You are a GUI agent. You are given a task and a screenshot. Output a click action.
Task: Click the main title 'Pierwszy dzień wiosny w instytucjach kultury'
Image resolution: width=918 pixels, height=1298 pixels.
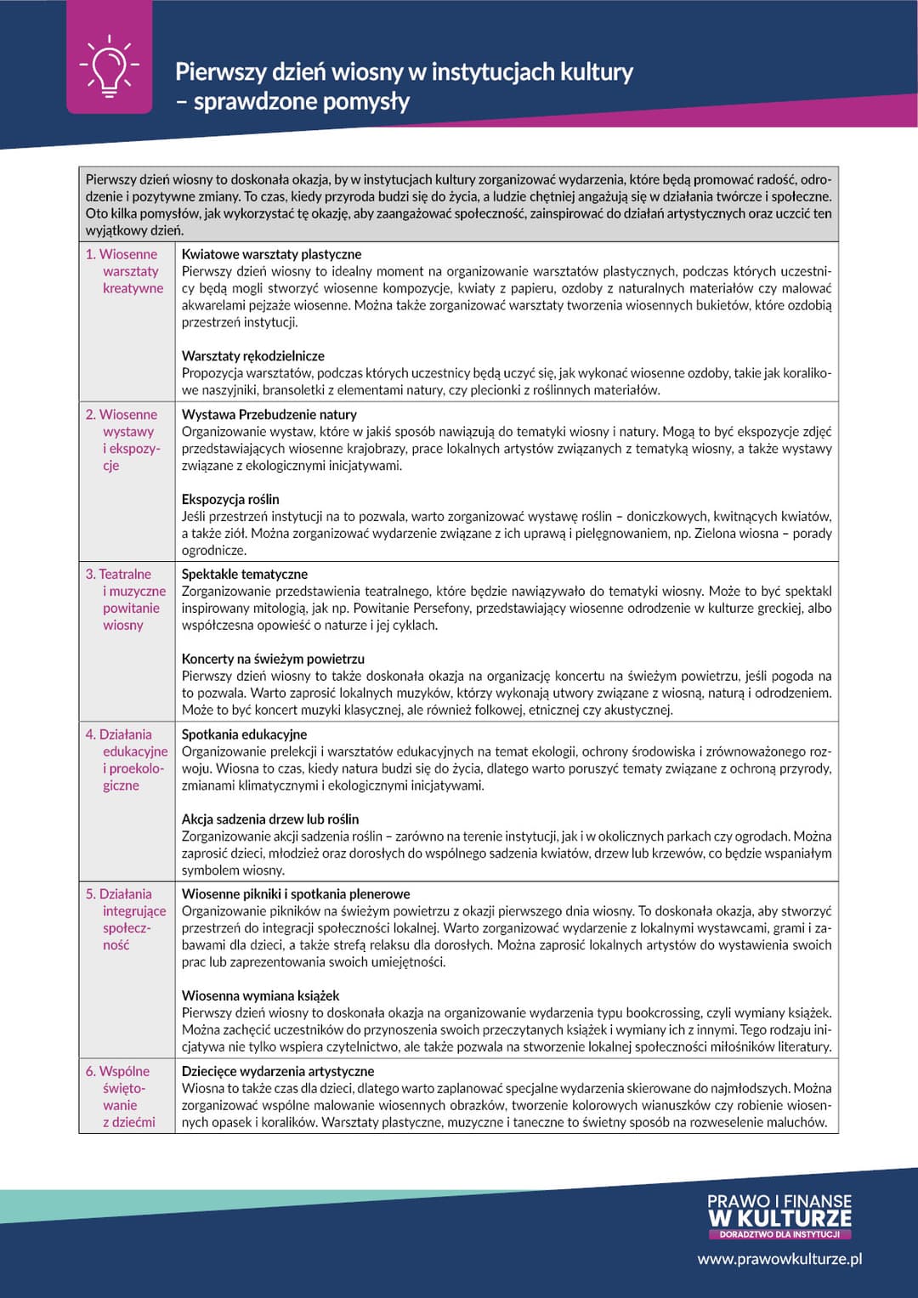pos(404,72)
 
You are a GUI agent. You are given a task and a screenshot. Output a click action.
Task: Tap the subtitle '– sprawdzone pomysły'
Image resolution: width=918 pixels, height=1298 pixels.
pos(292,102)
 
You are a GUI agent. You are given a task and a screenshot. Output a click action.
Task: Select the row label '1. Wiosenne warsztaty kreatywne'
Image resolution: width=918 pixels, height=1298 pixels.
pos(125,271)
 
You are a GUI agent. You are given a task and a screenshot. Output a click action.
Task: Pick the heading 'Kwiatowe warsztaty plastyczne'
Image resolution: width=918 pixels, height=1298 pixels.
pos(271,254)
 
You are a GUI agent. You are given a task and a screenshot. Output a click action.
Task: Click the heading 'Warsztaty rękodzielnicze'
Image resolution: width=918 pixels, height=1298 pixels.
pos(252,355)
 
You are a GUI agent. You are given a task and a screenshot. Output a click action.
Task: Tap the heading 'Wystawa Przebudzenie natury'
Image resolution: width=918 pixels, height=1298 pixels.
pos(269,414)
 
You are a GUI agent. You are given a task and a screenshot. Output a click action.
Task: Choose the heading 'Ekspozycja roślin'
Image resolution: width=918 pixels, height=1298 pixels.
pos(229,499)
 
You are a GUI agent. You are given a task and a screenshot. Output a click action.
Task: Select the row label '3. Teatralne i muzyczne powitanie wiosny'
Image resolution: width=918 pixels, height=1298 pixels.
pos(126,599)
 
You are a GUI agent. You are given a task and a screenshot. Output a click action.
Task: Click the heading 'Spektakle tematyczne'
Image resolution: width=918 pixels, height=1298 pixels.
pos(244,574)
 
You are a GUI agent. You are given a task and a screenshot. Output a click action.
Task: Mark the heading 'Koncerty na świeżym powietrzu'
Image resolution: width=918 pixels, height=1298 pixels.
pos(273,659)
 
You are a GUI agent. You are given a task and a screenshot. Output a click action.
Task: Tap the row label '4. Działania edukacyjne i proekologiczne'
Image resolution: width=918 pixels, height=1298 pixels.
pos(126,759)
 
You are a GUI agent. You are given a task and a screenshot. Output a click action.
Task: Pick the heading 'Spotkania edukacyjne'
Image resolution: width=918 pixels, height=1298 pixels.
pos(244,734)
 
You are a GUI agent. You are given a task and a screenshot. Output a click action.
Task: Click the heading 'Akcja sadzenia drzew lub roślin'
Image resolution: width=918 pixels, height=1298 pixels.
pos(269,819)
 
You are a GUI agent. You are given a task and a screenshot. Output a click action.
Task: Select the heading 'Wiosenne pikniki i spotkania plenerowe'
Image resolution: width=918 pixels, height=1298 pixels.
pos(295,894)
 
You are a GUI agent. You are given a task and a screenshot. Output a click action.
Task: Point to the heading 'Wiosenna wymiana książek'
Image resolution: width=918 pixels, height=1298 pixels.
pos(260,995)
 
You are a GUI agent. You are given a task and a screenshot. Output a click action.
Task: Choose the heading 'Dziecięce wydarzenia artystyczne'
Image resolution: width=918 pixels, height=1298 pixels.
pos(277,1071)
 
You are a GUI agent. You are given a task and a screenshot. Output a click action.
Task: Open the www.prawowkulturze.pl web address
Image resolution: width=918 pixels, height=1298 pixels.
pos(779,1259)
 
